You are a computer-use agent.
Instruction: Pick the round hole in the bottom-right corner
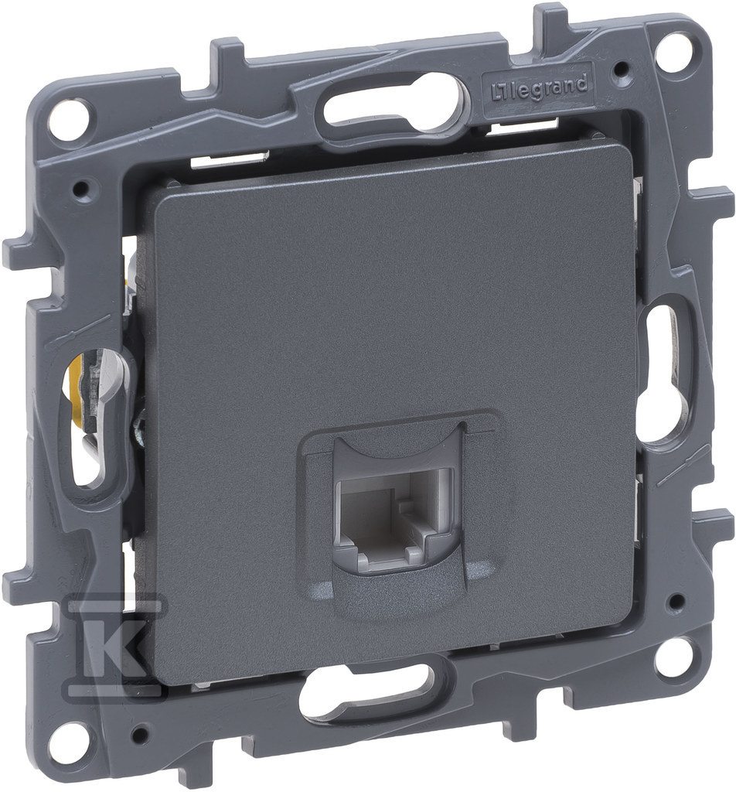(673, 657)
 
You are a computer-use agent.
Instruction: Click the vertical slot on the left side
(92, 415)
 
